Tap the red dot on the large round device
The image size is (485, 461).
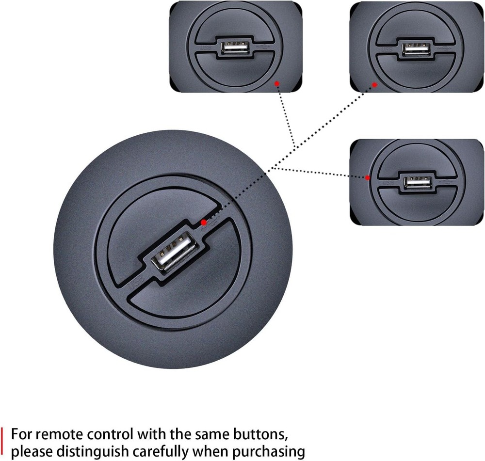204,223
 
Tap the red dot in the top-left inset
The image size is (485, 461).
277,83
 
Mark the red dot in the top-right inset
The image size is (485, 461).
374,85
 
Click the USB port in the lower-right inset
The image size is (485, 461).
418,182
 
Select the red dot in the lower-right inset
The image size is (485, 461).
368,178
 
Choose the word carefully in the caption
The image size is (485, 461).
167,452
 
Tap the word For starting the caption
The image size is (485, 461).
22,433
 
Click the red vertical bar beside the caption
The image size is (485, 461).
4,443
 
